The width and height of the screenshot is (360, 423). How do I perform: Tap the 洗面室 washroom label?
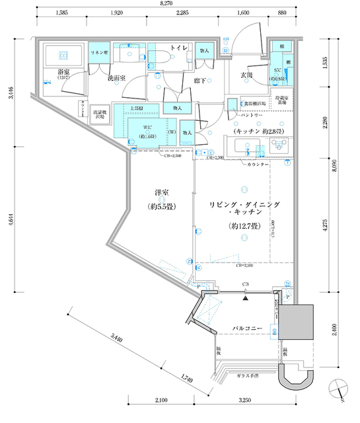click(x=117, y=77)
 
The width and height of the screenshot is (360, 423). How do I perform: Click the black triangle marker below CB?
click(x=246, y=298)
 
